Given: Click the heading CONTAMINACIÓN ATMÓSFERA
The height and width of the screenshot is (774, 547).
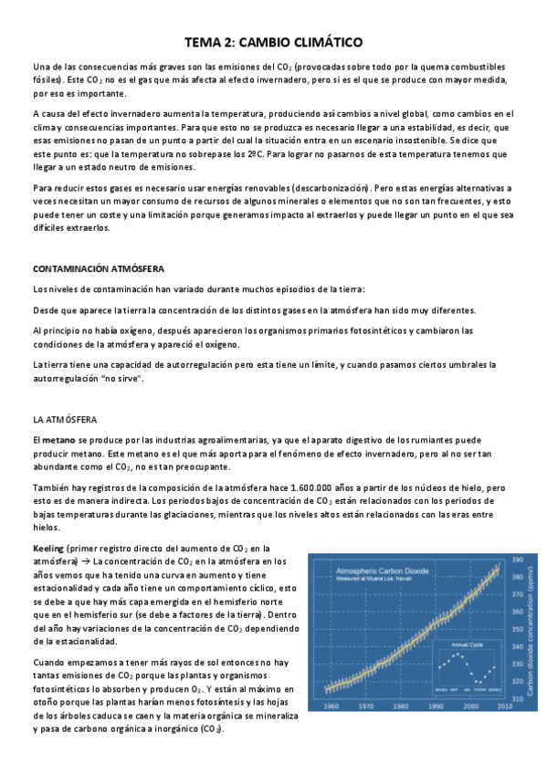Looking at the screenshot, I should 98,269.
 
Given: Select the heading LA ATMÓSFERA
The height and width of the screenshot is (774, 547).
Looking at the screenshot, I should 65,420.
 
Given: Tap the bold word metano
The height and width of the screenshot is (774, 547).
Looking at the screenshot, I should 59,440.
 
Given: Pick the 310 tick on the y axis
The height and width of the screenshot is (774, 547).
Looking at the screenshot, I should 517,696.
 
